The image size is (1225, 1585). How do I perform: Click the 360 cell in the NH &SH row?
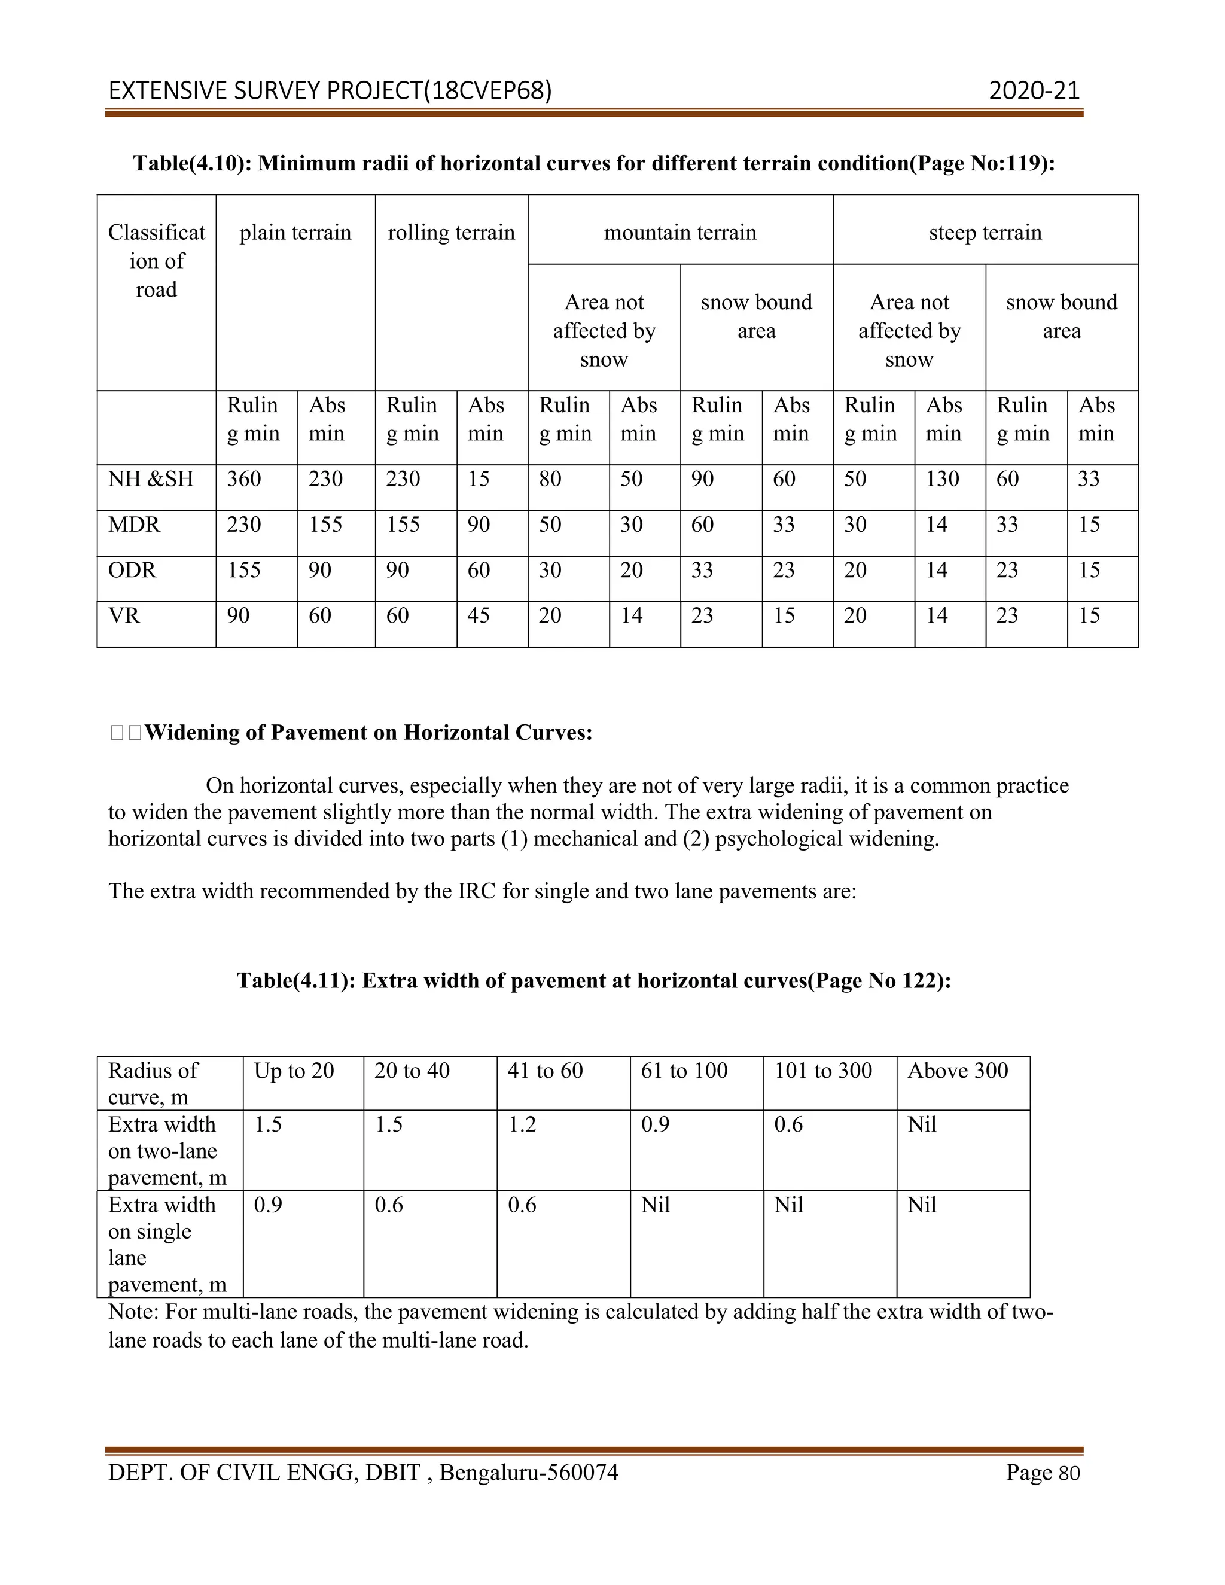tap(244, 479)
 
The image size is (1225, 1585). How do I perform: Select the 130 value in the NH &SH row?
tap(942, 479)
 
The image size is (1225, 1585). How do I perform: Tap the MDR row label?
tap(134, 525)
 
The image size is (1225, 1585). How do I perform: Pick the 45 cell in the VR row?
tap(479, 615)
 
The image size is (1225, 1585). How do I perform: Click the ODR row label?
tap(132, 571)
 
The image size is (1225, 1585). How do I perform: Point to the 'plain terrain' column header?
tap(295, 233)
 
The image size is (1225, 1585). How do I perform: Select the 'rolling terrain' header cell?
tap(452, 233)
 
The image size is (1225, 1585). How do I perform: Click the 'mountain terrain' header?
tap(680, 233)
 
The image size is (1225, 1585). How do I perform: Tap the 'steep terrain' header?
tap(985, 233)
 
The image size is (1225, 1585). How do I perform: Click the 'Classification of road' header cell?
tap(156, 261)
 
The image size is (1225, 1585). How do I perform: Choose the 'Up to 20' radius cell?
tap(294, 1071)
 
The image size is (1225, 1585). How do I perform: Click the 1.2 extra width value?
tap(521, 1124)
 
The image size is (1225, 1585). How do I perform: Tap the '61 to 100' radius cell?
tap(684, 1071)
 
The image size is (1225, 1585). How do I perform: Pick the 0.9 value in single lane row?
tap(268, 1205)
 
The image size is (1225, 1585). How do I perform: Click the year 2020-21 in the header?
tap(1034, 91)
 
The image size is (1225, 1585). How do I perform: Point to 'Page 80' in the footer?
tap(1043, 1473)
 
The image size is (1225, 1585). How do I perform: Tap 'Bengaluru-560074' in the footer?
tap(528, 1473)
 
